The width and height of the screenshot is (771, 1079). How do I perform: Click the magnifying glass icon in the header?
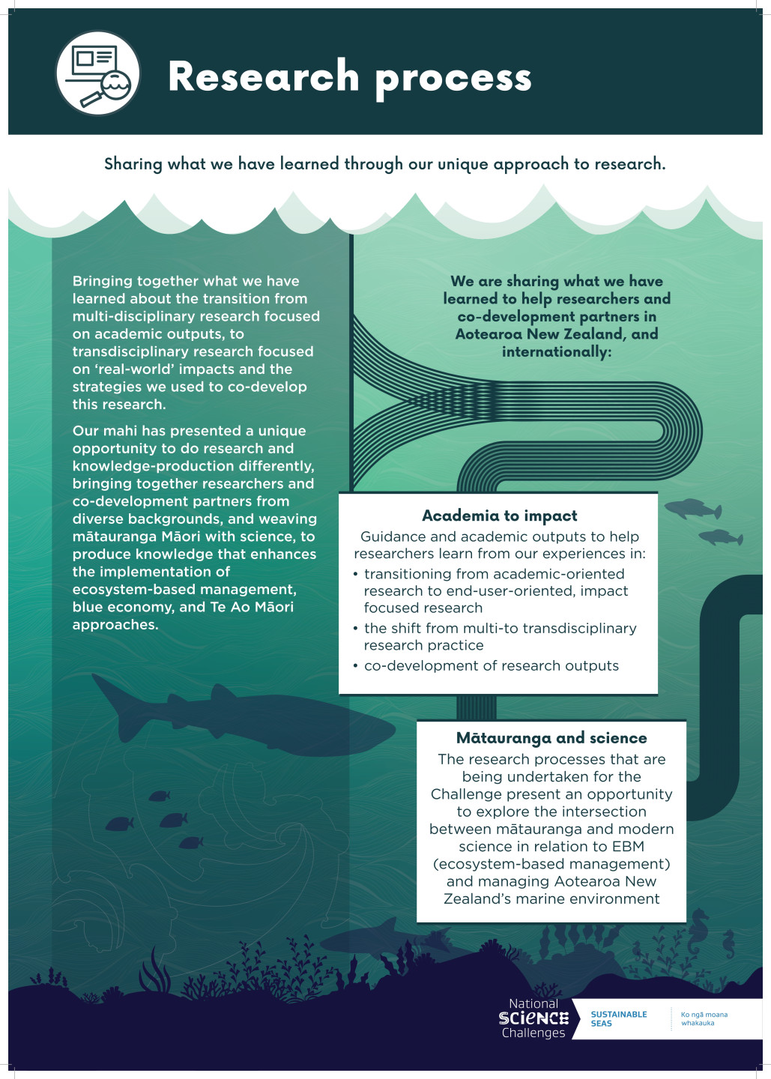coord(114,87)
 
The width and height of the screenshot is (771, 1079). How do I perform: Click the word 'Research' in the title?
coord(264,76)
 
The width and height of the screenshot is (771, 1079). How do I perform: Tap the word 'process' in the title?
coord(453,78)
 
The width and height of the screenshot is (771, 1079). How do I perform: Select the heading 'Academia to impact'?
coord(499,516)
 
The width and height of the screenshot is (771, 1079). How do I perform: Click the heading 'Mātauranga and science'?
coord(551,738)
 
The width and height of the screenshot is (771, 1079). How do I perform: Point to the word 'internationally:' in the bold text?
coord(557,351)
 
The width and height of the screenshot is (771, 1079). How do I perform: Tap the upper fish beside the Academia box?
coord(693,510)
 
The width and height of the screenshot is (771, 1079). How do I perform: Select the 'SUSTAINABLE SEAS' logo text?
coord(618,1019)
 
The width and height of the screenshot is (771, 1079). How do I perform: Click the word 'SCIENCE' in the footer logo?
coord(533,1018)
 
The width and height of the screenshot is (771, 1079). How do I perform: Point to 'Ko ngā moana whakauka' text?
coord(704,1019)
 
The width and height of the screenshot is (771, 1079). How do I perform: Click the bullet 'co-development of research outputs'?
coord(491,665)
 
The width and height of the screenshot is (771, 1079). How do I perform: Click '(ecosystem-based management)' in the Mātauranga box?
coord(551,864)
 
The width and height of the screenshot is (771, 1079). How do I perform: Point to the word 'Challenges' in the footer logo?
coord(533,1033)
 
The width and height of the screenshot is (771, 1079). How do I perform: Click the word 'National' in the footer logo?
coord(533,1004)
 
